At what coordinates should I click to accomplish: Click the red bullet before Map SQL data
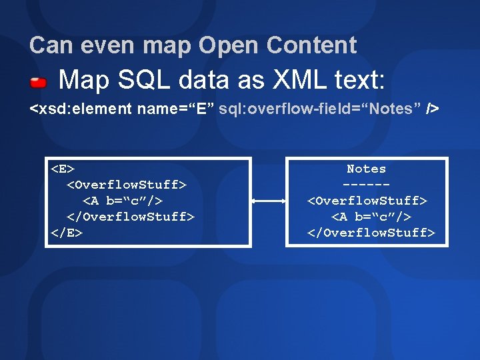point(38,83)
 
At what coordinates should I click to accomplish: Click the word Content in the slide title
point(311,45)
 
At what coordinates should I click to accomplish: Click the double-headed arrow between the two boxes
point(268,200)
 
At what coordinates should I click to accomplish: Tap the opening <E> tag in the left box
point(63,169)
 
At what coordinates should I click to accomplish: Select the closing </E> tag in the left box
point(67,233)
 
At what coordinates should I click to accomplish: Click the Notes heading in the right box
point(366,169)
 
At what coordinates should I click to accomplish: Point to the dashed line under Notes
point(366,184)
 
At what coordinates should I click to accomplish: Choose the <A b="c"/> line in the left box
point(123,201)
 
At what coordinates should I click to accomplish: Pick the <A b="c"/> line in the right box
point(371,217)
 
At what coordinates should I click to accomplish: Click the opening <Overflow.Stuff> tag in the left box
point(127,185)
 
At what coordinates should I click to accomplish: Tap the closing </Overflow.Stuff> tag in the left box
point(131,217)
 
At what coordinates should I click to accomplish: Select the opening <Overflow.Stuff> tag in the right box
point(367,200)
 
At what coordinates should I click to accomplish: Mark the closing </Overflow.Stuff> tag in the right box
point(371,233)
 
